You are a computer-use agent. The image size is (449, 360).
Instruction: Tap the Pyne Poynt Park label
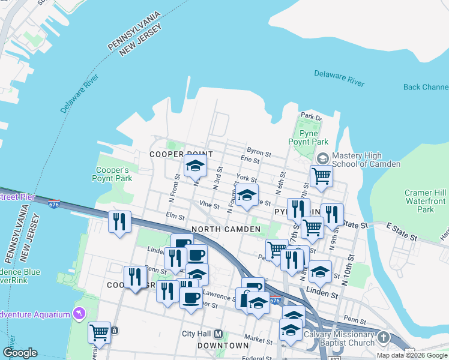[308, 137]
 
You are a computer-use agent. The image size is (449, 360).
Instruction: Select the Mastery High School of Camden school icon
[322, 158]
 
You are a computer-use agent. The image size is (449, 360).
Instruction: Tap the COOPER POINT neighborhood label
[173, 154]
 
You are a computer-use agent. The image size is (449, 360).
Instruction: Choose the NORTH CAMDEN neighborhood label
[225, 229]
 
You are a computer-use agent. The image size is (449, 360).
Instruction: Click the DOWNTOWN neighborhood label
[223, 346]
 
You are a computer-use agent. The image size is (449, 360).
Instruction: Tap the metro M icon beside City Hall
[218, 334]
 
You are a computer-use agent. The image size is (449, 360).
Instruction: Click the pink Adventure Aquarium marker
[79, 313]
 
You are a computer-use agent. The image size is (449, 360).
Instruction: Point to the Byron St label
[256, 150]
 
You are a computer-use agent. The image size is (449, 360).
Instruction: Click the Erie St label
[249, 160]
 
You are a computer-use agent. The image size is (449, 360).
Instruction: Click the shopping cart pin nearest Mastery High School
[321, 176]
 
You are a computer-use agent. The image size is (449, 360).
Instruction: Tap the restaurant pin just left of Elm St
[119, 221]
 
